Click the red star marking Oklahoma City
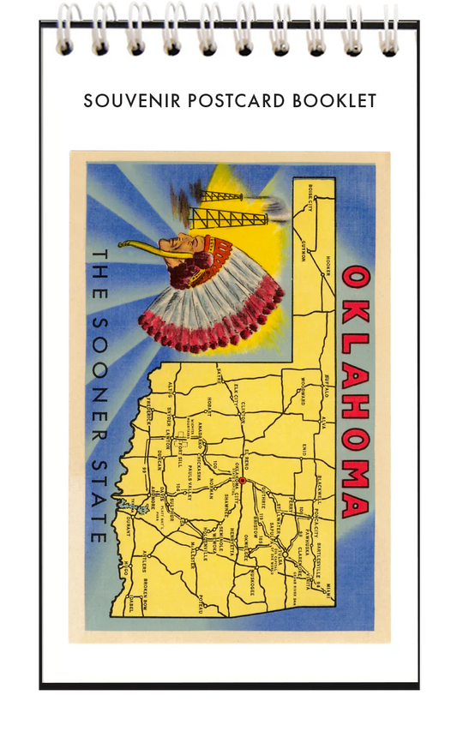tap(242, 481)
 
